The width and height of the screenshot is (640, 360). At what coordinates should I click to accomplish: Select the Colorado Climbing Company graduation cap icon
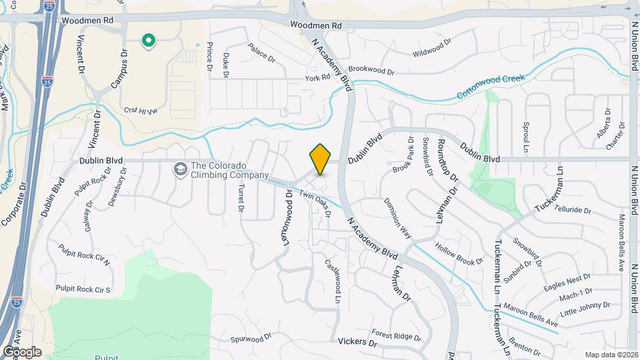point(179,170)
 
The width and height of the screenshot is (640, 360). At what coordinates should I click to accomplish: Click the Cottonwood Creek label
point(491,87)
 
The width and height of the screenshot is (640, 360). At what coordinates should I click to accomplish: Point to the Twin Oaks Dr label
point(315,203)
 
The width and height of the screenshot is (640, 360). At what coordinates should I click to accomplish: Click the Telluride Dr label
point(571,210)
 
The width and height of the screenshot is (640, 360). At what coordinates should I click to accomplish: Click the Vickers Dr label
point(358,343)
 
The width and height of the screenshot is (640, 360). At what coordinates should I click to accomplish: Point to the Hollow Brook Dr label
point(459,254)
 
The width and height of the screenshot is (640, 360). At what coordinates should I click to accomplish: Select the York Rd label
point(318,77)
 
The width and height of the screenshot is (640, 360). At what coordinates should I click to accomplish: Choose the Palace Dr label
point(261,53)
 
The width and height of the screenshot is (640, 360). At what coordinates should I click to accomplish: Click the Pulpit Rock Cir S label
point(83,289)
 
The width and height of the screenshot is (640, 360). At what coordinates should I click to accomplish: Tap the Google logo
point(21,351)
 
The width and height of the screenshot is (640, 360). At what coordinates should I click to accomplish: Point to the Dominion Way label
point(397,218)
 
